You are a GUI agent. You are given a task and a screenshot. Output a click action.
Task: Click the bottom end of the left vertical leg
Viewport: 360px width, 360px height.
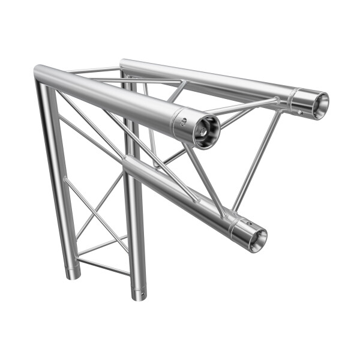point(73,274)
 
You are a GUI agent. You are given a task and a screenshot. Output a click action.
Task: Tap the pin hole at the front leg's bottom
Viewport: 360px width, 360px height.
point(142,294)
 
